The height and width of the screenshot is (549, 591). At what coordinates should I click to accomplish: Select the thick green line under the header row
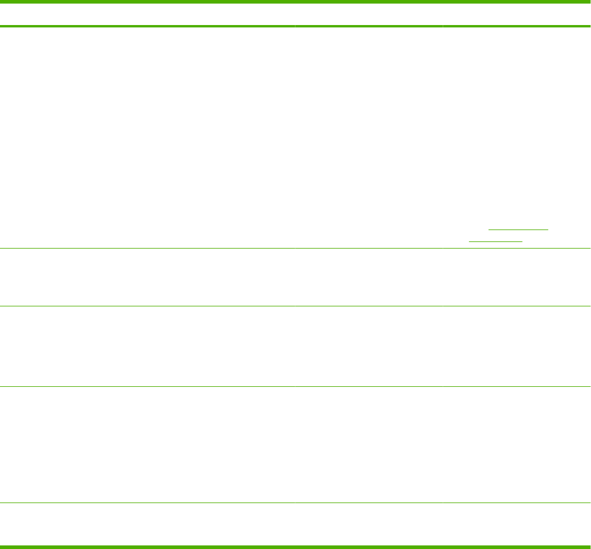click(x=295, y=26)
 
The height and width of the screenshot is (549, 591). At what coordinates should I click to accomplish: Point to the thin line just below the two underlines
click(x=295, y=248)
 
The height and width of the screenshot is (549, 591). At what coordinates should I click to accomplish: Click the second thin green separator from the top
click(x=295, y=306)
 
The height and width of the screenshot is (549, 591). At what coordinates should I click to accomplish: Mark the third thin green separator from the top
click(x=295, y=387)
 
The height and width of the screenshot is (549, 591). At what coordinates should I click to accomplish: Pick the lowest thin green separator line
click(x=295, y=503)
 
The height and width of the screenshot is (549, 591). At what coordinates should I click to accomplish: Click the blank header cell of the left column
click(x=147, y=15)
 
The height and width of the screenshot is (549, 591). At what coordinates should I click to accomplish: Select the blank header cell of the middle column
click(x=369, y=15)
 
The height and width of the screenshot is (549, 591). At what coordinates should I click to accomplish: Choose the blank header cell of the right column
click(x=517, y=15)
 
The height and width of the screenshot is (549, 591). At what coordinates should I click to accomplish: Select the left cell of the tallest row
click(x=147, y=137)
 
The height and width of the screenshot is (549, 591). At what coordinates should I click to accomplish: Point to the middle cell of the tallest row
click(x=369, y=137)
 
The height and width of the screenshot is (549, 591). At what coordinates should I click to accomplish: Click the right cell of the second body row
click(x=517, y=277)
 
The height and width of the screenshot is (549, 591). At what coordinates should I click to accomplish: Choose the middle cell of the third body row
click(x=369, y=346)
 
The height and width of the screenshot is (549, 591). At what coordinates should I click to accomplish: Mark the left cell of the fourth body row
click(x=147, y=445)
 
